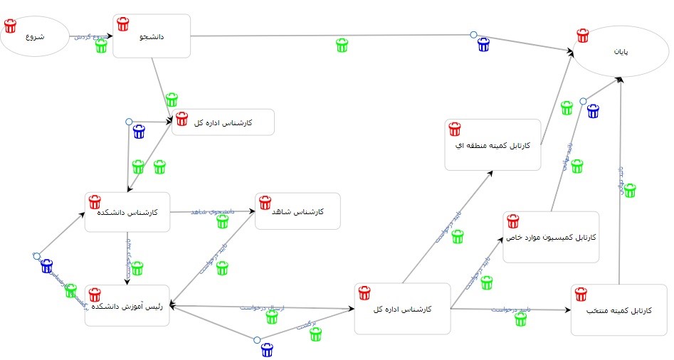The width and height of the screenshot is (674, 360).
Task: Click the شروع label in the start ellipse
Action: click(x=33, y=37)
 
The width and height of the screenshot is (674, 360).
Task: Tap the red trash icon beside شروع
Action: click(x=10, y=26)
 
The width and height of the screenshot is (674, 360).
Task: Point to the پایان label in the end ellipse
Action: click(x=622, y=52)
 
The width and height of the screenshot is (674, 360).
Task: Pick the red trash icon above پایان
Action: click(x=583, y=35)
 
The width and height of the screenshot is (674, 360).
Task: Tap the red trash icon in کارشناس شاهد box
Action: click(x=265, y=202)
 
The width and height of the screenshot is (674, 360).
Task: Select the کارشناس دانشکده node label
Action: click(x=135, y=212)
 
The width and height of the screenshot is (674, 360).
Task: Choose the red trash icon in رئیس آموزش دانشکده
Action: click(x=95, y=295)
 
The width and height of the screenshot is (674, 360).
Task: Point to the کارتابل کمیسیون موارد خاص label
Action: click(x=552, y=236)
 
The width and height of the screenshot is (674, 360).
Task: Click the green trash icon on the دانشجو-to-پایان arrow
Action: click(x=342, y=45)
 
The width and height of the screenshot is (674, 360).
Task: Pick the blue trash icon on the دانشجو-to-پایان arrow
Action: click(x=484, y=45)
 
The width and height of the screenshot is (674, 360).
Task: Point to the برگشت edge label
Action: click(x=306, y=325)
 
